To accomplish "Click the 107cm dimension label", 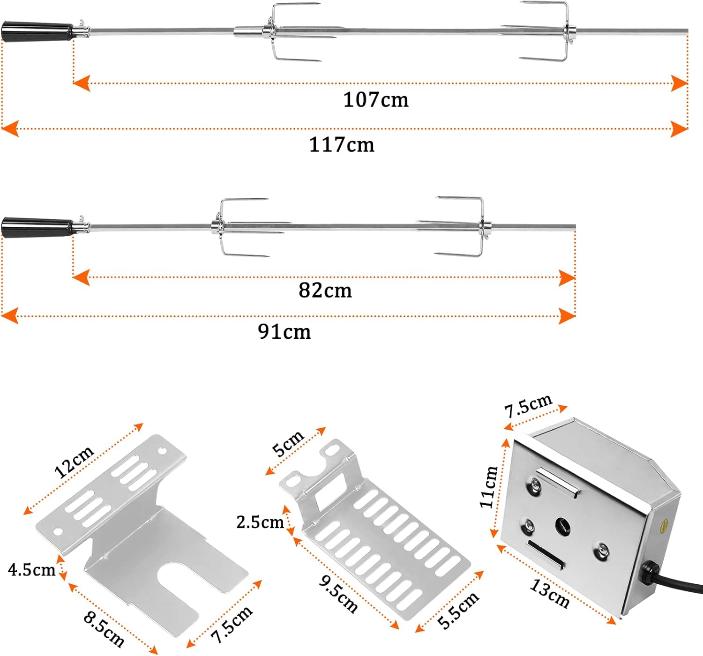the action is (375, 100).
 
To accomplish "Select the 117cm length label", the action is (342, 145).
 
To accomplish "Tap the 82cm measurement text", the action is (325, 291).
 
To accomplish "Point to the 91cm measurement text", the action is (284, 332).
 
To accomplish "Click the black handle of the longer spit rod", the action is (37, 31).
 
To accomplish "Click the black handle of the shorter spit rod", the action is (37, 227).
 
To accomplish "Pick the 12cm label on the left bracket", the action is (74, 462).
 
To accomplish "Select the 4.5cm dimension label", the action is (32, 570).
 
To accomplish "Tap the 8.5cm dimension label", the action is (104, 629).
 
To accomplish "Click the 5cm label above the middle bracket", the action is (288, 443).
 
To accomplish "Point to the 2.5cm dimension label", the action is (260, 522).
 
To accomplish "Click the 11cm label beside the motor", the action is (489, 487).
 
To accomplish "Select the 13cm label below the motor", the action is (549, 594).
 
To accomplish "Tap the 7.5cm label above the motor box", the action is (528, 406).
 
